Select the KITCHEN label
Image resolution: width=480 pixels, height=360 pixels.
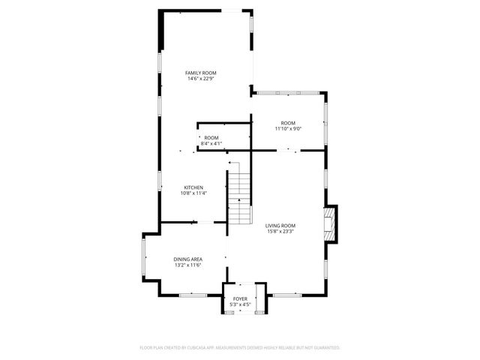tap(193, 187)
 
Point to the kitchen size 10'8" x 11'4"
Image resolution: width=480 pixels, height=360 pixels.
tap(193, 193)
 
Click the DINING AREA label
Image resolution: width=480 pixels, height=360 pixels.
tap(188, 259)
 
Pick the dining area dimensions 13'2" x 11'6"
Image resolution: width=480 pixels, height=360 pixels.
tap(188, 265)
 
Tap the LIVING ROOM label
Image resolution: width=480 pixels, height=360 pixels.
tap(280, 225)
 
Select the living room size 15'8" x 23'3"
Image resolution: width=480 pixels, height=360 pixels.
tap(280, 232)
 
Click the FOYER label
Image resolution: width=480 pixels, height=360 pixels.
tap(240, 299)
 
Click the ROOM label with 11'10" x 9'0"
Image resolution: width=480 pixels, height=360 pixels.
tap(288, 122)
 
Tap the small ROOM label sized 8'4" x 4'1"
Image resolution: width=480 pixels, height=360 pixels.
tap(211, 137)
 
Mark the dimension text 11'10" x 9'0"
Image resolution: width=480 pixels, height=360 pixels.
tap(288, 129)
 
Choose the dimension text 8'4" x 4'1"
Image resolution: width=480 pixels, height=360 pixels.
tap(211, 143)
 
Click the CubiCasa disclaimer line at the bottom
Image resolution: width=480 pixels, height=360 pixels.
tap(240, 348)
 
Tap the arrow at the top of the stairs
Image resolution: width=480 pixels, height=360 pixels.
tap(238, 201)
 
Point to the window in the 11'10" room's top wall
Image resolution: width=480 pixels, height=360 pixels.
tap(289, 93)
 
